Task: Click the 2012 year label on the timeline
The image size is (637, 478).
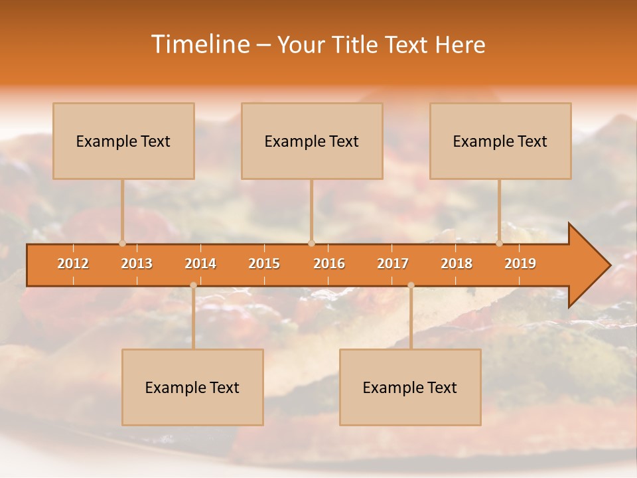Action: point(73,264)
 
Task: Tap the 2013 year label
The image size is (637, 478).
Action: point(137,264)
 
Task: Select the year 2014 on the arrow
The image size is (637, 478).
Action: point(200,264)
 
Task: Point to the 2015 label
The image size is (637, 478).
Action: point(264,264)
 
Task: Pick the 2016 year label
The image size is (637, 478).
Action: point(329,264)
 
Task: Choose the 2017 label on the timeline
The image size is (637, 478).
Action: point(393,264)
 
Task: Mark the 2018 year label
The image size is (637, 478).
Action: point(457,264)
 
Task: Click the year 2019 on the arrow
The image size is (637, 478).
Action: point(520,264)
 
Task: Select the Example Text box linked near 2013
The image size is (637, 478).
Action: point(123,141)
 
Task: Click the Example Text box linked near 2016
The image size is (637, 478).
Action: point(312,141)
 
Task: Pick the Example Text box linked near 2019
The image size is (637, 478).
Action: point(500,141)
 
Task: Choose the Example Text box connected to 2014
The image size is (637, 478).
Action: point(192,387)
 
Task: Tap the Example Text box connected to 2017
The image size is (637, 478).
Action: point(410,387)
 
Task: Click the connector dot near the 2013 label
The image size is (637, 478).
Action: point(122,243)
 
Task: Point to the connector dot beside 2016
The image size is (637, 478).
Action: point(311,243)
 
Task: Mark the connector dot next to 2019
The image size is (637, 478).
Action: point(500,243)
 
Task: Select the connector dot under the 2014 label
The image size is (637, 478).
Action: point(193,285)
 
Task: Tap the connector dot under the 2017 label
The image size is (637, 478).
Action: point(411,285)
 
